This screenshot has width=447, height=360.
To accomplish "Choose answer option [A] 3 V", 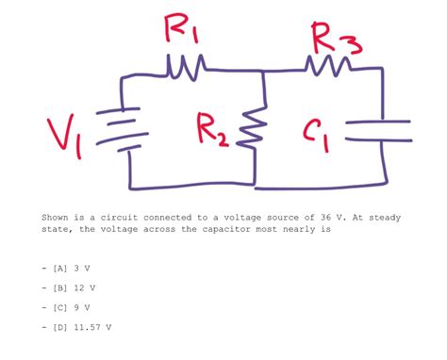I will tap(74, 268).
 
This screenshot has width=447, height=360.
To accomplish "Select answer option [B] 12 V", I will tap(77, 287).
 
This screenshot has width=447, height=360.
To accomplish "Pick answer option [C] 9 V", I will tap(74, 307).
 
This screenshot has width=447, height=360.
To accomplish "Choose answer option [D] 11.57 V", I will tap(86, 327).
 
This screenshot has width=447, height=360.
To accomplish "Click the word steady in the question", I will tap(385, 217).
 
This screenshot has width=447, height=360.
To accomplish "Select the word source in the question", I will tap(285, 217).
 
